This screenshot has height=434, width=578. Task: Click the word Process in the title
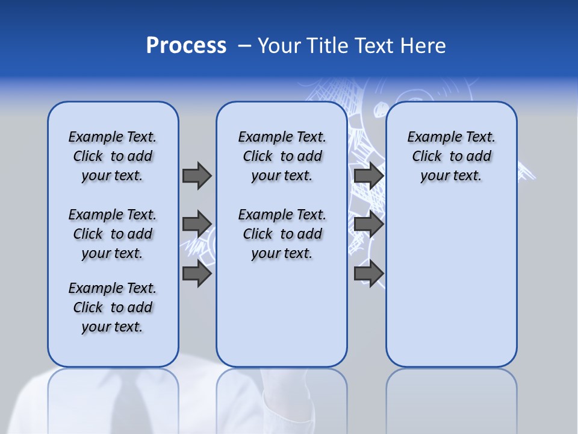(x=186, y=46)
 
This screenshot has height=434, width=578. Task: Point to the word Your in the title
(x=280, y=46)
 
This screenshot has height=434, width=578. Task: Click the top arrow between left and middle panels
(x=197, y=175)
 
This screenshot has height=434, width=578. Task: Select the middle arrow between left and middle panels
(x=197, y=224)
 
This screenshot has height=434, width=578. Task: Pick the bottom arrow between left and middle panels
(x=197, y=274)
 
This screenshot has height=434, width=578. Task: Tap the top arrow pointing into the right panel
(x=369, y=175)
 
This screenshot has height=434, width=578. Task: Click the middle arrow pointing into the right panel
(x=369, y=224)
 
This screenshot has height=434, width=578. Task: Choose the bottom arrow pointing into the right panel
(x=369, y=274)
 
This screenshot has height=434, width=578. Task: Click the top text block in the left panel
(x=113, y=156)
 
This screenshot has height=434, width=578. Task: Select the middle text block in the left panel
(x=113, y=234)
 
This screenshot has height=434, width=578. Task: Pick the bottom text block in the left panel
(x=113, y=307)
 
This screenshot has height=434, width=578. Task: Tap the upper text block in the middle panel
(x=282, y=156)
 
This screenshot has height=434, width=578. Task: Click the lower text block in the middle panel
(x=282, y=234)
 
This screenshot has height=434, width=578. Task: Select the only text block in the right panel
(x=451, y=156)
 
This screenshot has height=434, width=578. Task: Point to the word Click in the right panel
(x=427, y=157)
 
